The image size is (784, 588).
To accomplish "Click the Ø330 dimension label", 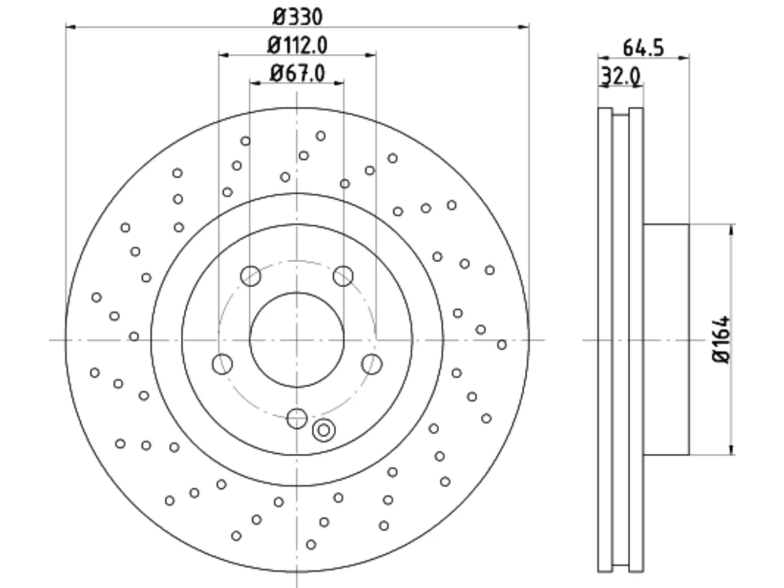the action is [298, 17].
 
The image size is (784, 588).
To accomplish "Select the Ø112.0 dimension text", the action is [297, 46].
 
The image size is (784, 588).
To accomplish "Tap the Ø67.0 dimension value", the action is [298, 73].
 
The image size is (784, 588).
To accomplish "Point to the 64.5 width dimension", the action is [643, 48].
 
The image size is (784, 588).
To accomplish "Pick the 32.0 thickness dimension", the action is [621, 76].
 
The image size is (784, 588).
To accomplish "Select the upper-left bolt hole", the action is [251, 276].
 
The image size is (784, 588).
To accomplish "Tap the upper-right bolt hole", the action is [343, 276].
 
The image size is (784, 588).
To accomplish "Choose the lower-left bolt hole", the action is [222, 364].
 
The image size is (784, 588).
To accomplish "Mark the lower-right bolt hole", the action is [372, 364].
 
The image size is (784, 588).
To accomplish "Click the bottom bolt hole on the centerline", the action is [297, 418].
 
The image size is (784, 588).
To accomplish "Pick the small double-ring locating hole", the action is [323, 430].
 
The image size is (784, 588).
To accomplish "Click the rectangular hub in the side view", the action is [666, 339].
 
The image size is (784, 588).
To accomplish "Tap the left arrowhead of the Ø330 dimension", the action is [71, 27].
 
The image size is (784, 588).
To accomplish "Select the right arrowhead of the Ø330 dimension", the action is [524, 27].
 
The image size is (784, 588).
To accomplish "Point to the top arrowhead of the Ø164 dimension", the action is [731, 230].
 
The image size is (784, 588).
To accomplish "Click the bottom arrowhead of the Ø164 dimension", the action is [731, 450].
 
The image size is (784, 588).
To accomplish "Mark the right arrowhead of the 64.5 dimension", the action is [684, 58].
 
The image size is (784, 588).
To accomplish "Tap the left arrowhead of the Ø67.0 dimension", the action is [255, 83].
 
